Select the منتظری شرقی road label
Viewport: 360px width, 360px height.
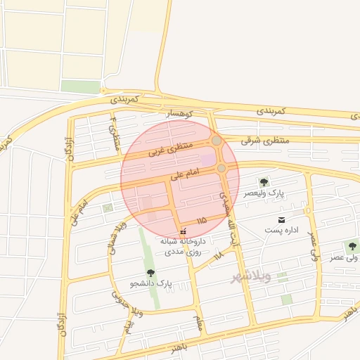[265, 140]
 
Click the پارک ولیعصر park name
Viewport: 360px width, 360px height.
[264, 193]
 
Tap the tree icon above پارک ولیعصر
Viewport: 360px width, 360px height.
[264, 182]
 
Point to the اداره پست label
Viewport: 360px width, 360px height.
[282, 230]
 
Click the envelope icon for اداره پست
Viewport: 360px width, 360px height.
[282, 220]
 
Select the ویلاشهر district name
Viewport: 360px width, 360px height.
[251, 277]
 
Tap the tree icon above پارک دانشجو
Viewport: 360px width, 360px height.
[150, 273]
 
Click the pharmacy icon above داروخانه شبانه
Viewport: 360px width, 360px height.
[183, 231]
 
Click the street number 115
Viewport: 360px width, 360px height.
[202, 221]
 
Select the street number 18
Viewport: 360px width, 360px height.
[219, 253]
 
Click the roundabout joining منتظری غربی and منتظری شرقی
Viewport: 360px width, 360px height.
[217, 141]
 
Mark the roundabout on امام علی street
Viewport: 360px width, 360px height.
[221, 169]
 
